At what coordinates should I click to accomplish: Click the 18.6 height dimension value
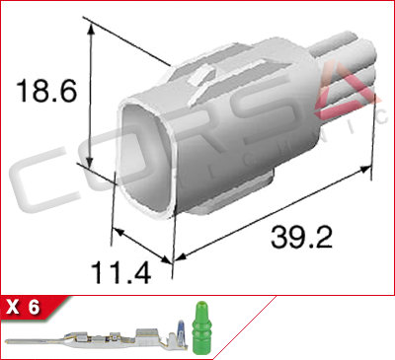point(46,90)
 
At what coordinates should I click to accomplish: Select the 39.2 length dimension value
point(301,237)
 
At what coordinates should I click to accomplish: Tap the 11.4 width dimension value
point(121,272)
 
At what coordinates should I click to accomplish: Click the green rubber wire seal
point(201,328)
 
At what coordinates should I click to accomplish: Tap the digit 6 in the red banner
point(34,308)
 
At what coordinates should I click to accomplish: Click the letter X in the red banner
point(13,308)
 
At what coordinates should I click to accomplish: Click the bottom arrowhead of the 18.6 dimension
point(90,163)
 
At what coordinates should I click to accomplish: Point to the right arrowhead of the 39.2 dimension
point(365,170)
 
